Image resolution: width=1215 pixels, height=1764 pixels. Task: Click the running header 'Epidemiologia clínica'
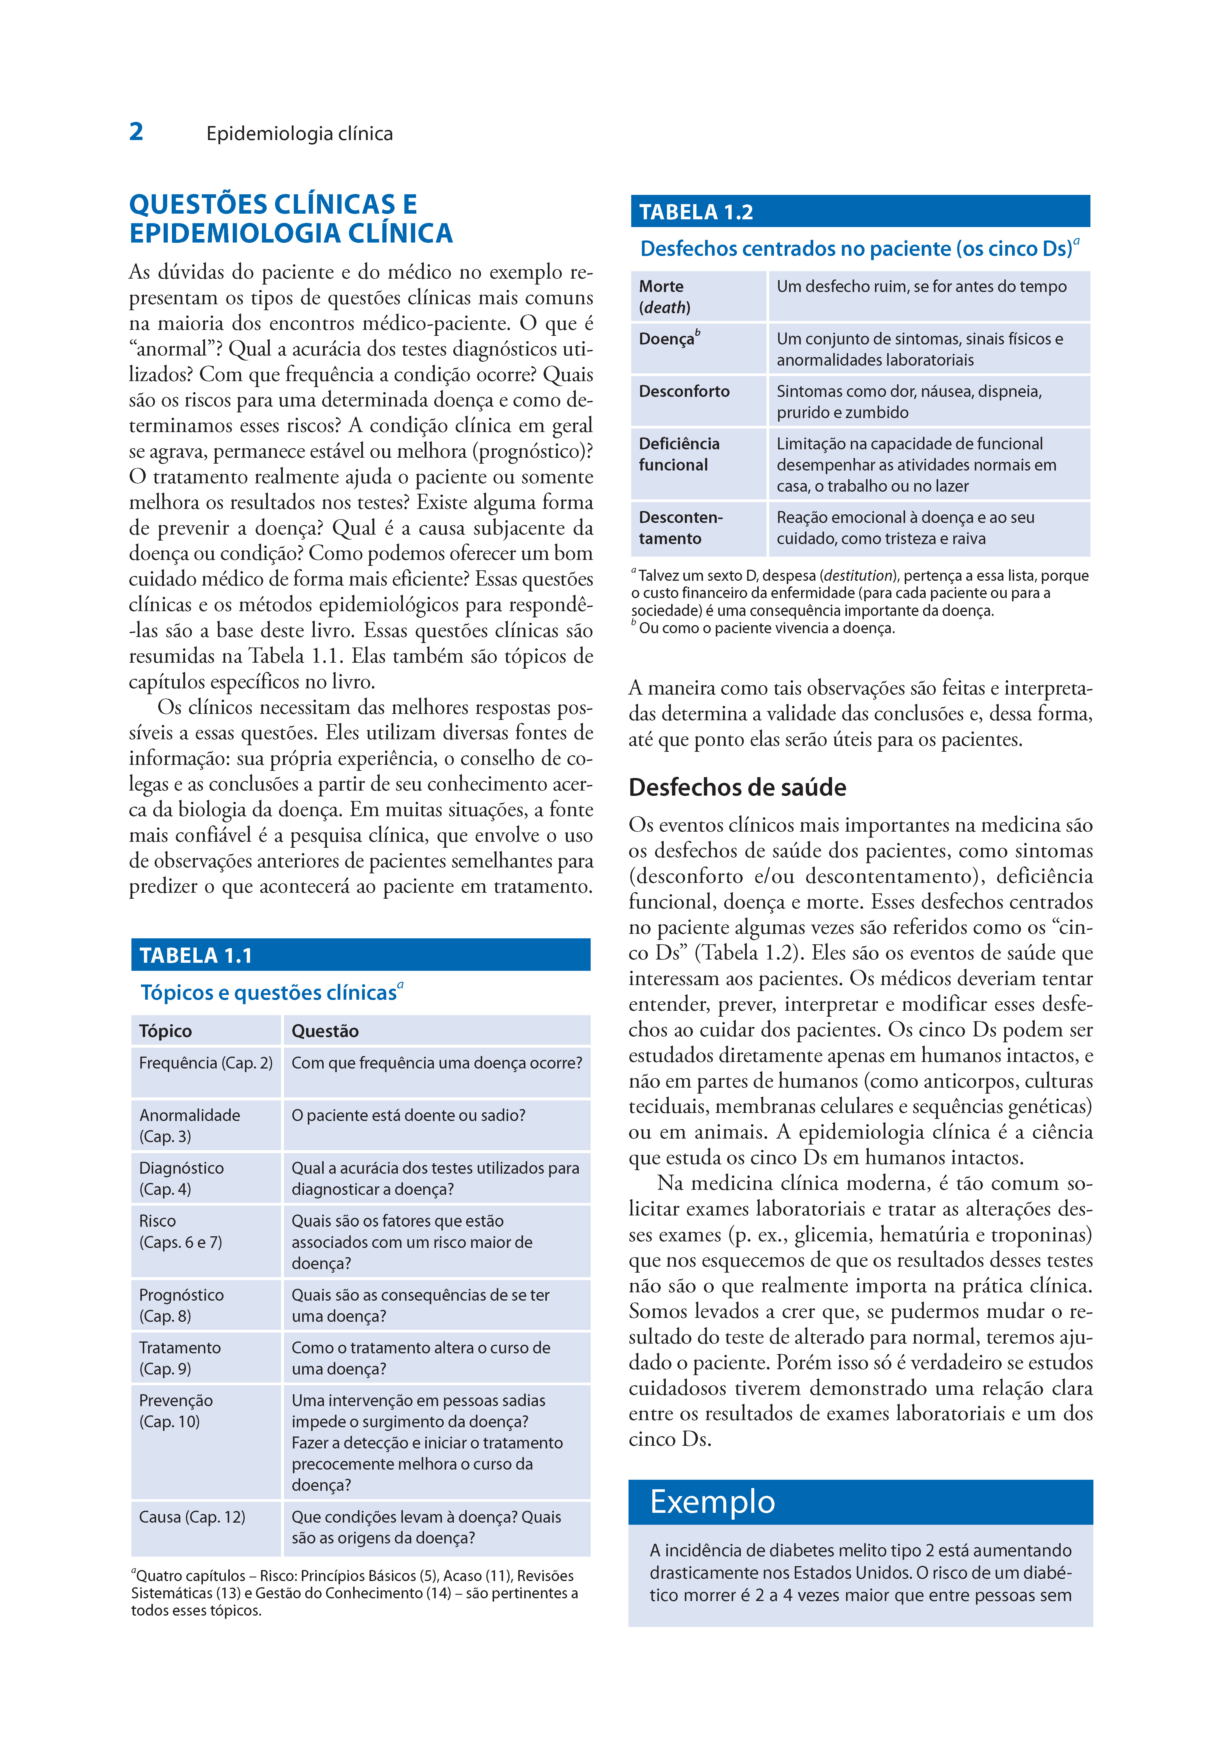click(299, 134)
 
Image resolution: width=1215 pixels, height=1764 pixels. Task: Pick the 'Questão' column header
click(325, 1031)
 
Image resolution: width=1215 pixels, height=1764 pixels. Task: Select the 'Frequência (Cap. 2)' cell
click(206, 1063)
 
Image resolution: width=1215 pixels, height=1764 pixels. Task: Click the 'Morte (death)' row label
click(664, 297)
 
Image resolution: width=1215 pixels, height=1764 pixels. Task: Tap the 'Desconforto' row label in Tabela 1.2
click(684, 391)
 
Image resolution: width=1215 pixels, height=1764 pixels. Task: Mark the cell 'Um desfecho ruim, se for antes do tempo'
click(921, 287)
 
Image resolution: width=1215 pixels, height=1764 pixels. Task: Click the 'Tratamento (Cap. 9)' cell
click(180, 1358)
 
